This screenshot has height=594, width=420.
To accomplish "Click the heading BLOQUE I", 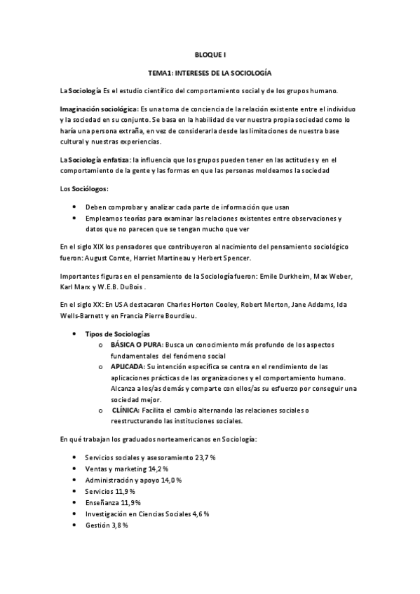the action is click(210, 54).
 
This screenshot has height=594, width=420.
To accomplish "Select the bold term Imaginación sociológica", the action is click(98, 109).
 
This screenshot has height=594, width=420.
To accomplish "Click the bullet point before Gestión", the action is click(75, 525).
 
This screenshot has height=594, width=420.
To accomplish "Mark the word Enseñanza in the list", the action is click(102, 502).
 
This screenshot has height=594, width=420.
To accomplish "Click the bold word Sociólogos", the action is click(90, 189).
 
